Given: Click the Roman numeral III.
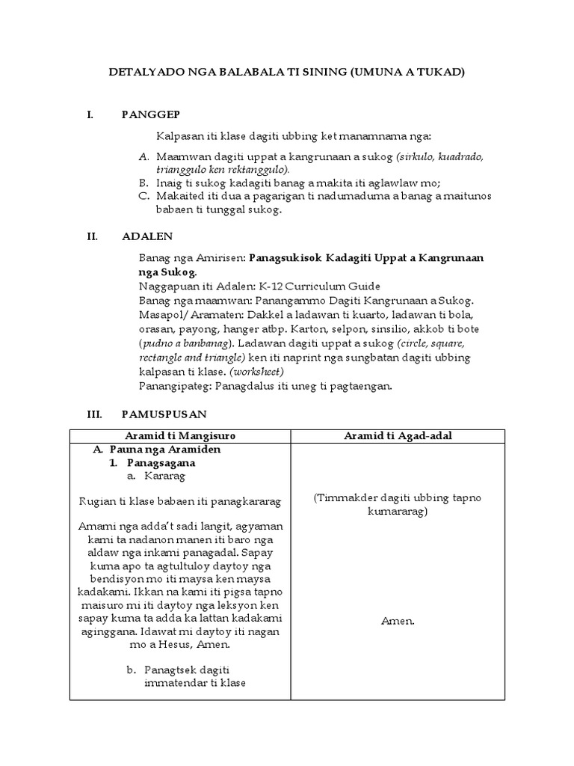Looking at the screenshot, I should click(93, 414).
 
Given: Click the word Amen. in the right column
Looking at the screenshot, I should click(398, 621).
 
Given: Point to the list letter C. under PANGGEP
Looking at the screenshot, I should click(144, 196).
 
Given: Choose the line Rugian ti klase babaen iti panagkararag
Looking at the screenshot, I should click(179, 500).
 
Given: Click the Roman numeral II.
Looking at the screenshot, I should click(93, 236).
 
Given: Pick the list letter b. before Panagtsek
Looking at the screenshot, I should click(131, 670).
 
